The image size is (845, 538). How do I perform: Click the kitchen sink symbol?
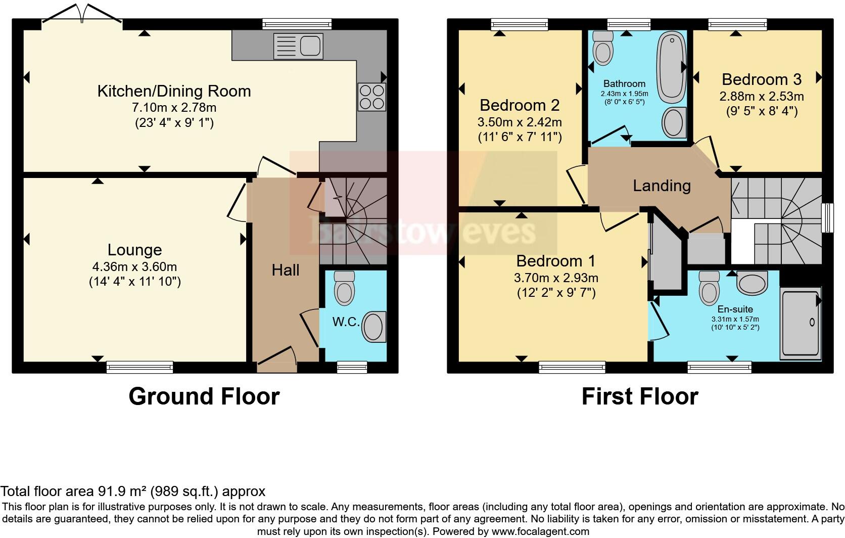pyautogui.click(x=297, y=46)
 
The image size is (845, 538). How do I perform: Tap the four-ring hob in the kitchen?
pyautogui.click(x=371, y=97)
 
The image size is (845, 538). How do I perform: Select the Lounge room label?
pyautogui.click(x=134, y=250)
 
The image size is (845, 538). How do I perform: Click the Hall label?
pyautogui.click(x=286, y=271)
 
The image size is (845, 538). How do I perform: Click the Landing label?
pyautogui.click(x=662, y=186)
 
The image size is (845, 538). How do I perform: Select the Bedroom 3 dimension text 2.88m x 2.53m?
pyautogui.click(x=761, y=96)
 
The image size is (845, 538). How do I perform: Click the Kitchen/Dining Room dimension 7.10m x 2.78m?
pyautogui.click(x=174, y=108)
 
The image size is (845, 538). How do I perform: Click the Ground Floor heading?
pyautogui.click(x=204, y=396)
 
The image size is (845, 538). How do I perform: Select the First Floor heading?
pyautogui.click(x=639, y=396)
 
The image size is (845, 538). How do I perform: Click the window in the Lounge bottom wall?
pyautogui.click(x=139, y=367)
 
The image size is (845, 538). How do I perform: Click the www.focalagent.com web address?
pyautogui.click(x=539, y=531)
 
